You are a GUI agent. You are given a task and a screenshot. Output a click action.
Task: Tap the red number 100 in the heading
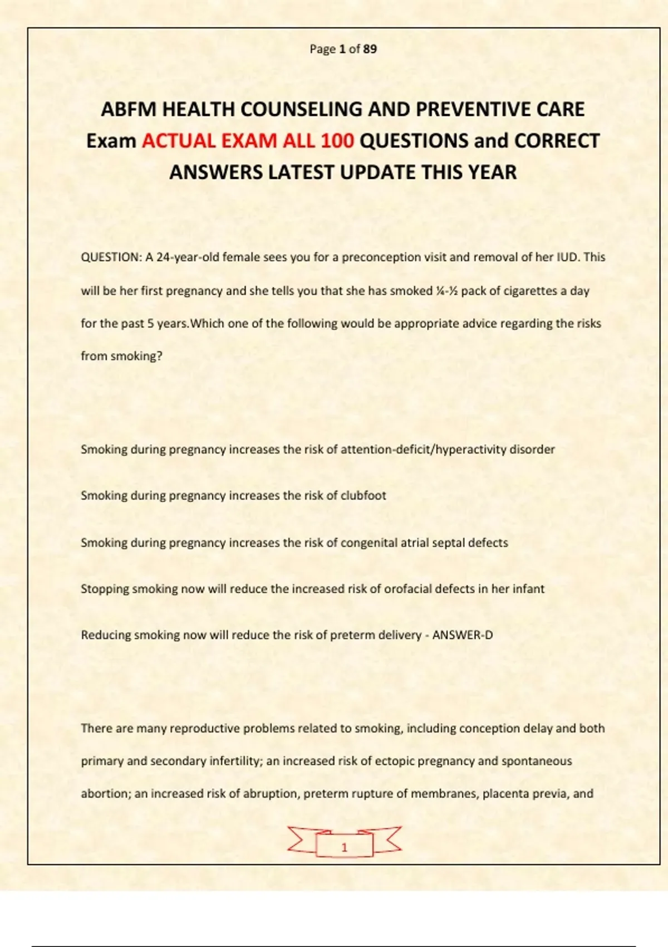tap(337, 141)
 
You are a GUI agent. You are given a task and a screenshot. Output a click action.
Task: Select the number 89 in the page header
tap(370, 49)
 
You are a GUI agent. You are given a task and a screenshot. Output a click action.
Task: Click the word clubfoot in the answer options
tap(363, 495)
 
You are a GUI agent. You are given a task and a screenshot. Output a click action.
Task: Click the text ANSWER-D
tap(463, 635)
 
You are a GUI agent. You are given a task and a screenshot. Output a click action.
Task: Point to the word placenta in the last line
tap(504, 794)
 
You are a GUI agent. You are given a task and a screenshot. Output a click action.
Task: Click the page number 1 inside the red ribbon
tap(344, 847)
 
